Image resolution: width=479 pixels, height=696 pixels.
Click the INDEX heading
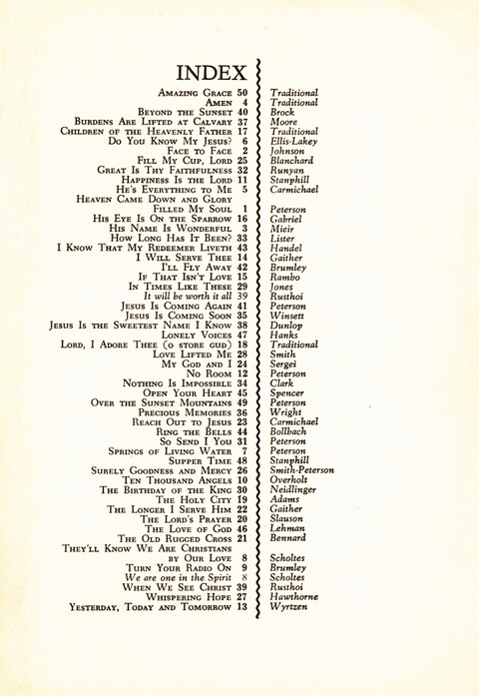coord(213,72)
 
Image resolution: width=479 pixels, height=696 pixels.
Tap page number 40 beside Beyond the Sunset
coord(241,112)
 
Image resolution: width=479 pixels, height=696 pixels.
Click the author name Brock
coord(282,113)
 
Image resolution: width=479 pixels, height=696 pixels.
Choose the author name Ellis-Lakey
coord(294,141)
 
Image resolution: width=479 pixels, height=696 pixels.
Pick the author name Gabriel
coord(287,218)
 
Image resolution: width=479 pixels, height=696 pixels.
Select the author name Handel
coord(286,247)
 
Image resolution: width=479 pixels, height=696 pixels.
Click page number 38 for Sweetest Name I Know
coord(241,325)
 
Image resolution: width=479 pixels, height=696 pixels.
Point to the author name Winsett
coord(288,315)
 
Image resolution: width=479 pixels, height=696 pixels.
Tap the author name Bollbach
coord(290,430)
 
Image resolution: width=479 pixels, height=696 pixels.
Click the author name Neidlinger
coord(295,489)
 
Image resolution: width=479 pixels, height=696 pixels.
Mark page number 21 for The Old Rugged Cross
coord(241,537)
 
